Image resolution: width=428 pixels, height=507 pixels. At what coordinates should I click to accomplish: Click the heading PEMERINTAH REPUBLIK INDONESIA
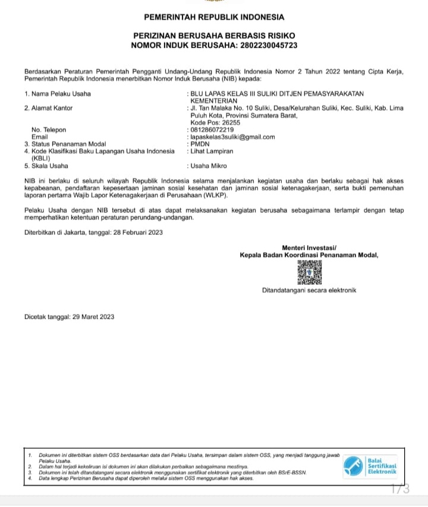pos(214,17)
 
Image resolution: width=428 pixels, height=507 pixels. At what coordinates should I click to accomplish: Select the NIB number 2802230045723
pos(263,45)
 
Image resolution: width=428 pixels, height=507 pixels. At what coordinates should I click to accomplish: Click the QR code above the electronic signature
pos(309,272)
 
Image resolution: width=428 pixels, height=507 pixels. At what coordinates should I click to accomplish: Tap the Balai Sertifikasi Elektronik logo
pos(372,466)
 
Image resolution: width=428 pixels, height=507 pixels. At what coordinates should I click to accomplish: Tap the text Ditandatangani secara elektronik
pos(309,291)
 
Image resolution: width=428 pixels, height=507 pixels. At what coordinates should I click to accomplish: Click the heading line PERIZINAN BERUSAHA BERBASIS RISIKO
pos(214,36)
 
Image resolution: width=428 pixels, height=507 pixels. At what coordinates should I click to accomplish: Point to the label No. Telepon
pos(49,130)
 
